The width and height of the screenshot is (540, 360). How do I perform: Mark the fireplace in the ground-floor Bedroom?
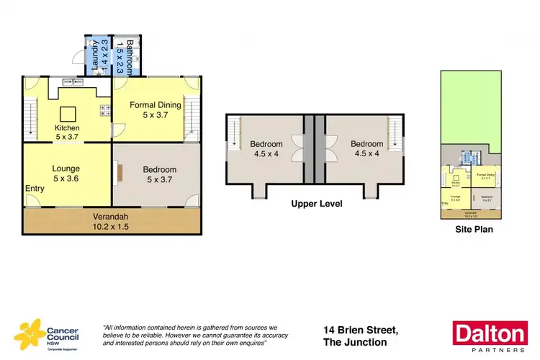click(120, 174)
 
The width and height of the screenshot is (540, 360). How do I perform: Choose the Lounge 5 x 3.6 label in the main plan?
click(66, 174)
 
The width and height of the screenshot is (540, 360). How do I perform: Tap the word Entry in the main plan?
click(35, 188)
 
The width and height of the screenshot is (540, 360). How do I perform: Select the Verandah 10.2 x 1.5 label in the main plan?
click(111, 221)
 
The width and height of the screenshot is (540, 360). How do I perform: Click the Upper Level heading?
click(316, 204)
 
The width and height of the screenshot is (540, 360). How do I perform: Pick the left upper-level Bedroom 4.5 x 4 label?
click(266, 148)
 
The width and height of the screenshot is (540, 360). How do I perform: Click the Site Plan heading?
click(473, 230)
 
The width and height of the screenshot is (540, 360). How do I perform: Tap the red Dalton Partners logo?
click(489, 335)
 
